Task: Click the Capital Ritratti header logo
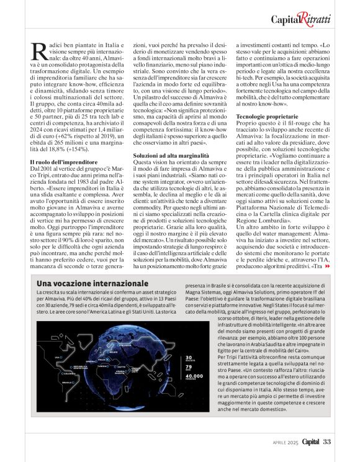[300, 19]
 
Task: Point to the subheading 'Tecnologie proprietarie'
[265, 117]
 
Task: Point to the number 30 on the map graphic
[189, 357]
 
